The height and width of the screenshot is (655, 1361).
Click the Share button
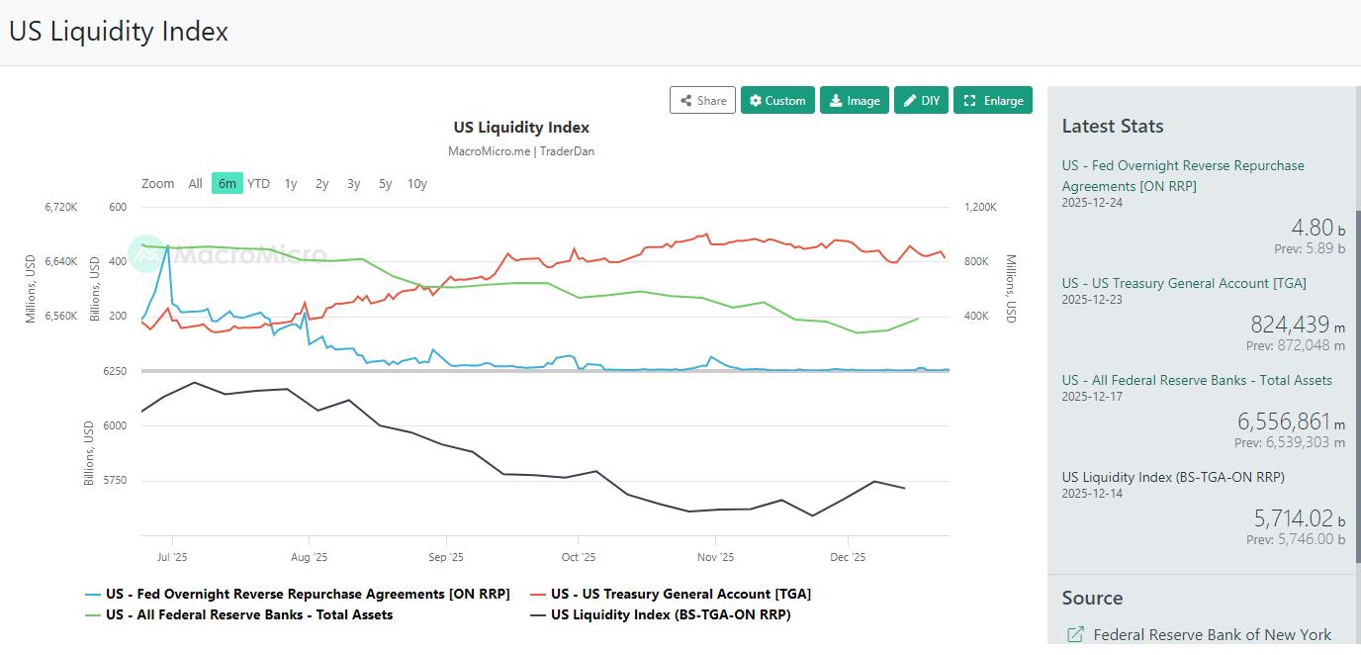coord(702,100)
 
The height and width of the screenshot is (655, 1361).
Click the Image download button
coord(854,100)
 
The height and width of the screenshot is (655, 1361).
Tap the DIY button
coord(921,100)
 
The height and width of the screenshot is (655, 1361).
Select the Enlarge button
coord(993,100)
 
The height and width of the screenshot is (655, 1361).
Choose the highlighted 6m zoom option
coord(227,183)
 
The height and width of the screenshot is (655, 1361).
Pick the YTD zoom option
coord(258,183)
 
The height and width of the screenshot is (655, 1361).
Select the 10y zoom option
coord(417,183)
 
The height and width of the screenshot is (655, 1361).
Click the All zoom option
coord(195,183)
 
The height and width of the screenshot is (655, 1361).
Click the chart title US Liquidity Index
coord(521,128)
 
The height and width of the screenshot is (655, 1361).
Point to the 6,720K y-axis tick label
coord(60,207)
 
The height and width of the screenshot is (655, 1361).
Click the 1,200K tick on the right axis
coord(980,207)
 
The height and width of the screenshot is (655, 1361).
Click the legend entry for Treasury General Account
coord(680,594)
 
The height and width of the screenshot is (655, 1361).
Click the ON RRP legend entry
coord(308,594)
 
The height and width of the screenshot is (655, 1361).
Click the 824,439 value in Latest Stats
coord(1290,325)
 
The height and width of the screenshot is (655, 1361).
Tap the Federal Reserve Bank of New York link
coord(1212,634)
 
